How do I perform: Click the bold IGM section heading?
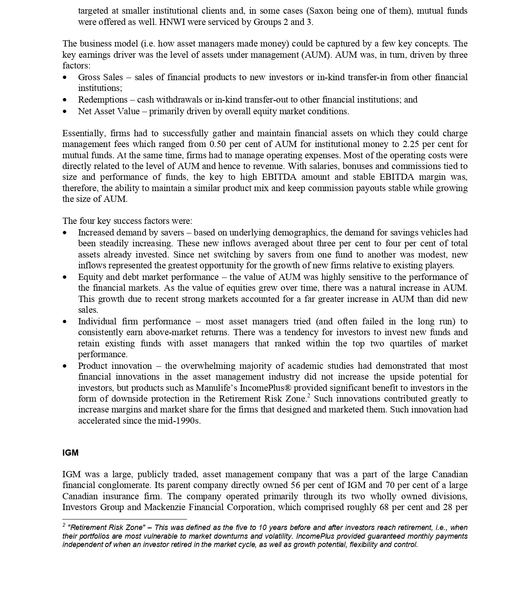tap(70, 453)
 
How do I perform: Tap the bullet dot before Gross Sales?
tap(64, 78)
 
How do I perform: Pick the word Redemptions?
tap(103, 100)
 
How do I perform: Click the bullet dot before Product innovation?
tap(64, 366)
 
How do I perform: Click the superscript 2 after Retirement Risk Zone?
tap(308, 396)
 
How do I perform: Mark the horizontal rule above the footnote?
tap(125, 519)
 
